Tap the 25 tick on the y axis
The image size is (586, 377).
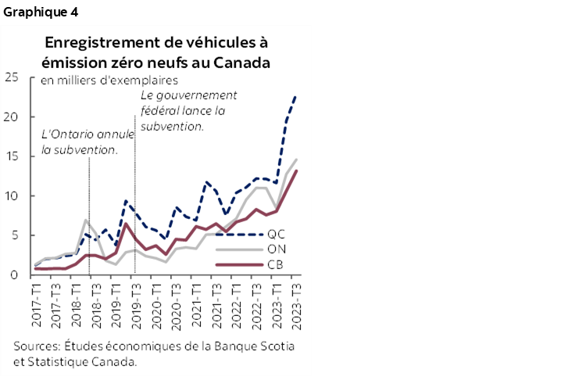pyautogui.click(x=12, y=77)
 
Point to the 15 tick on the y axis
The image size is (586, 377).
pyautogui.click(x=12, y=156)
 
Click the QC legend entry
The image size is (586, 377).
pyautogui.click(x=276, y=234)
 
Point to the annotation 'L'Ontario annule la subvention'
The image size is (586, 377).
pyautogui.click(x=87, y=142)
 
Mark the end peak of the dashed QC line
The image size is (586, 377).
pyautogui.click(x=296, y=95)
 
